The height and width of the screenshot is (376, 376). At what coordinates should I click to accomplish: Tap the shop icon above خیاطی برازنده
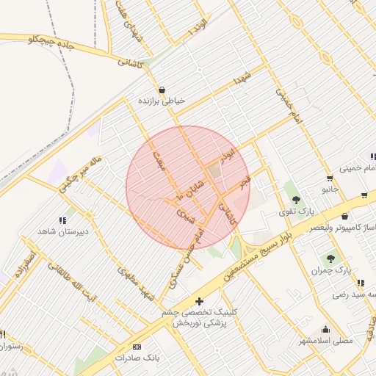162,90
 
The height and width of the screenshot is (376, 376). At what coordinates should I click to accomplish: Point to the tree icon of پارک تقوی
295,199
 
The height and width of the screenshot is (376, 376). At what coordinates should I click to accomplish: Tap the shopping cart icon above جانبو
328,178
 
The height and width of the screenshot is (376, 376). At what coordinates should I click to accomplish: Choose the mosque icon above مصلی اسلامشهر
326,330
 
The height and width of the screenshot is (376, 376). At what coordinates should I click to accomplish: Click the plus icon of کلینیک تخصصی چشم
200,301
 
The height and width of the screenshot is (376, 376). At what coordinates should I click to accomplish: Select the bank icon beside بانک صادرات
137,346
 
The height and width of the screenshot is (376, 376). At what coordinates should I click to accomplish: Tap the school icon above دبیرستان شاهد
62,220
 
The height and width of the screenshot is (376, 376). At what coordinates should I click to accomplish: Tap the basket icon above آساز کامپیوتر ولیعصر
344,217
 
